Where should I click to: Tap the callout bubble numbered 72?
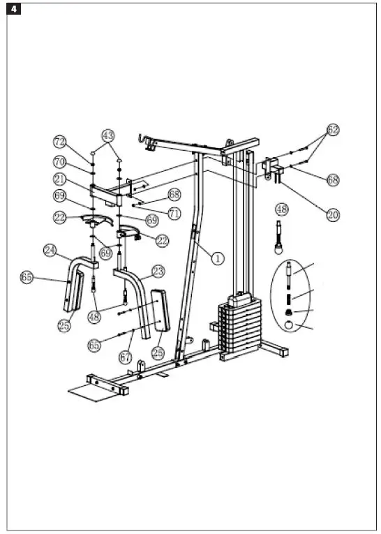tap(61, 142)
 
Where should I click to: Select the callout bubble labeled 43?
tap(107, 134)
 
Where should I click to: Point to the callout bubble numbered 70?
tap(61, 161)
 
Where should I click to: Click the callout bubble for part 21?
tap(61, 178)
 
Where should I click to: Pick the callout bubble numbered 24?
tap(50, 249)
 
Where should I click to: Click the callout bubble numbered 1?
tap(218, 258)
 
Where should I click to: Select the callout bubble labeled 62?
tap(333, 131)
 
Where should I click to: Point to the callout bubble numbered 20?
tap(333, 215)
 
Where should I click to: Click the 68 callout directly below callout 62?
tap(333, 179)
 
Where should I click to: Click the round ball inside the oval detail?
tap(290, 325)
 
